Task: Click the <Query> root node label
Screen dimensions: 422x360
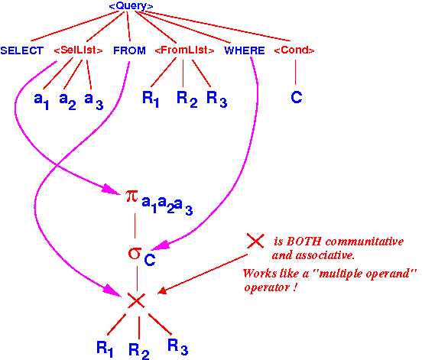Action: point(131,6)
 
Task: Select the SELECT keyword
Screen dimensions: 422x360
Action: point(22,50)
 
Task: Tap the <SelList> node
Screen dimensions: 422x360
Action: point(78,50)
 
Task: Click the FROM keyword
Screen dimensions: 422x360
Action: point(129,50)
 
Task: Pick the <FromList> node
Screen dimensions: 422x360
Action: point(185,50)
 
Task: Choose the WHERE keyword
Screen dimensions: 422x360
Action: point(245,50)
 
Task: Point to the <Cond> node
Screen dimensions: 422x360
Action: point(294,50)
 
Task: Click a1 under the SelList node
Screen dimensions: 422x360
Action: point(41,101)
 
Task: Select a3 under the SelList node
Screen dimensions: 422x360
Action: point(94,101)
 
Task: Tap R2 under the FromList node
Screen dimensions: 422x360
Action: point(187,99)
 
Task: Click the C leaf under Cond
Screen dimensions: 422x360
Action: point(297,97)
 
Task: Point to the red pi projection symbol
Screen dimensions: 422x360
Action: point(131,196)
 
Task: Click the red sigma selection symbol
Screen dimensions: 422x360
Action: point(135,253)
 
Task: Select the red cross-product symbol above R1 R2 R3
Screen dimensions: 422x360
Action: point(136,300)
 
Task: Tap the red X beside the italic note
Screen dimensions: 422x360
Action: point(255,241)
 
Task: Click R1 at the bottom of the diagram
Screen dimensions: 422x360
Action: point(105,349)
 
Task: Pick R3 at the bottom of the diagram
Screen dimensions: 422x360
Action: point(177,347)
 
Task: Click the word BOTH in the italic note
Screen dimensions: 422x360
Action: point(304,242)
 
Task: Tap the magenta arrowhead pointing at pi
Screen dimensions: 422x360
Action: point(110,189)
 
